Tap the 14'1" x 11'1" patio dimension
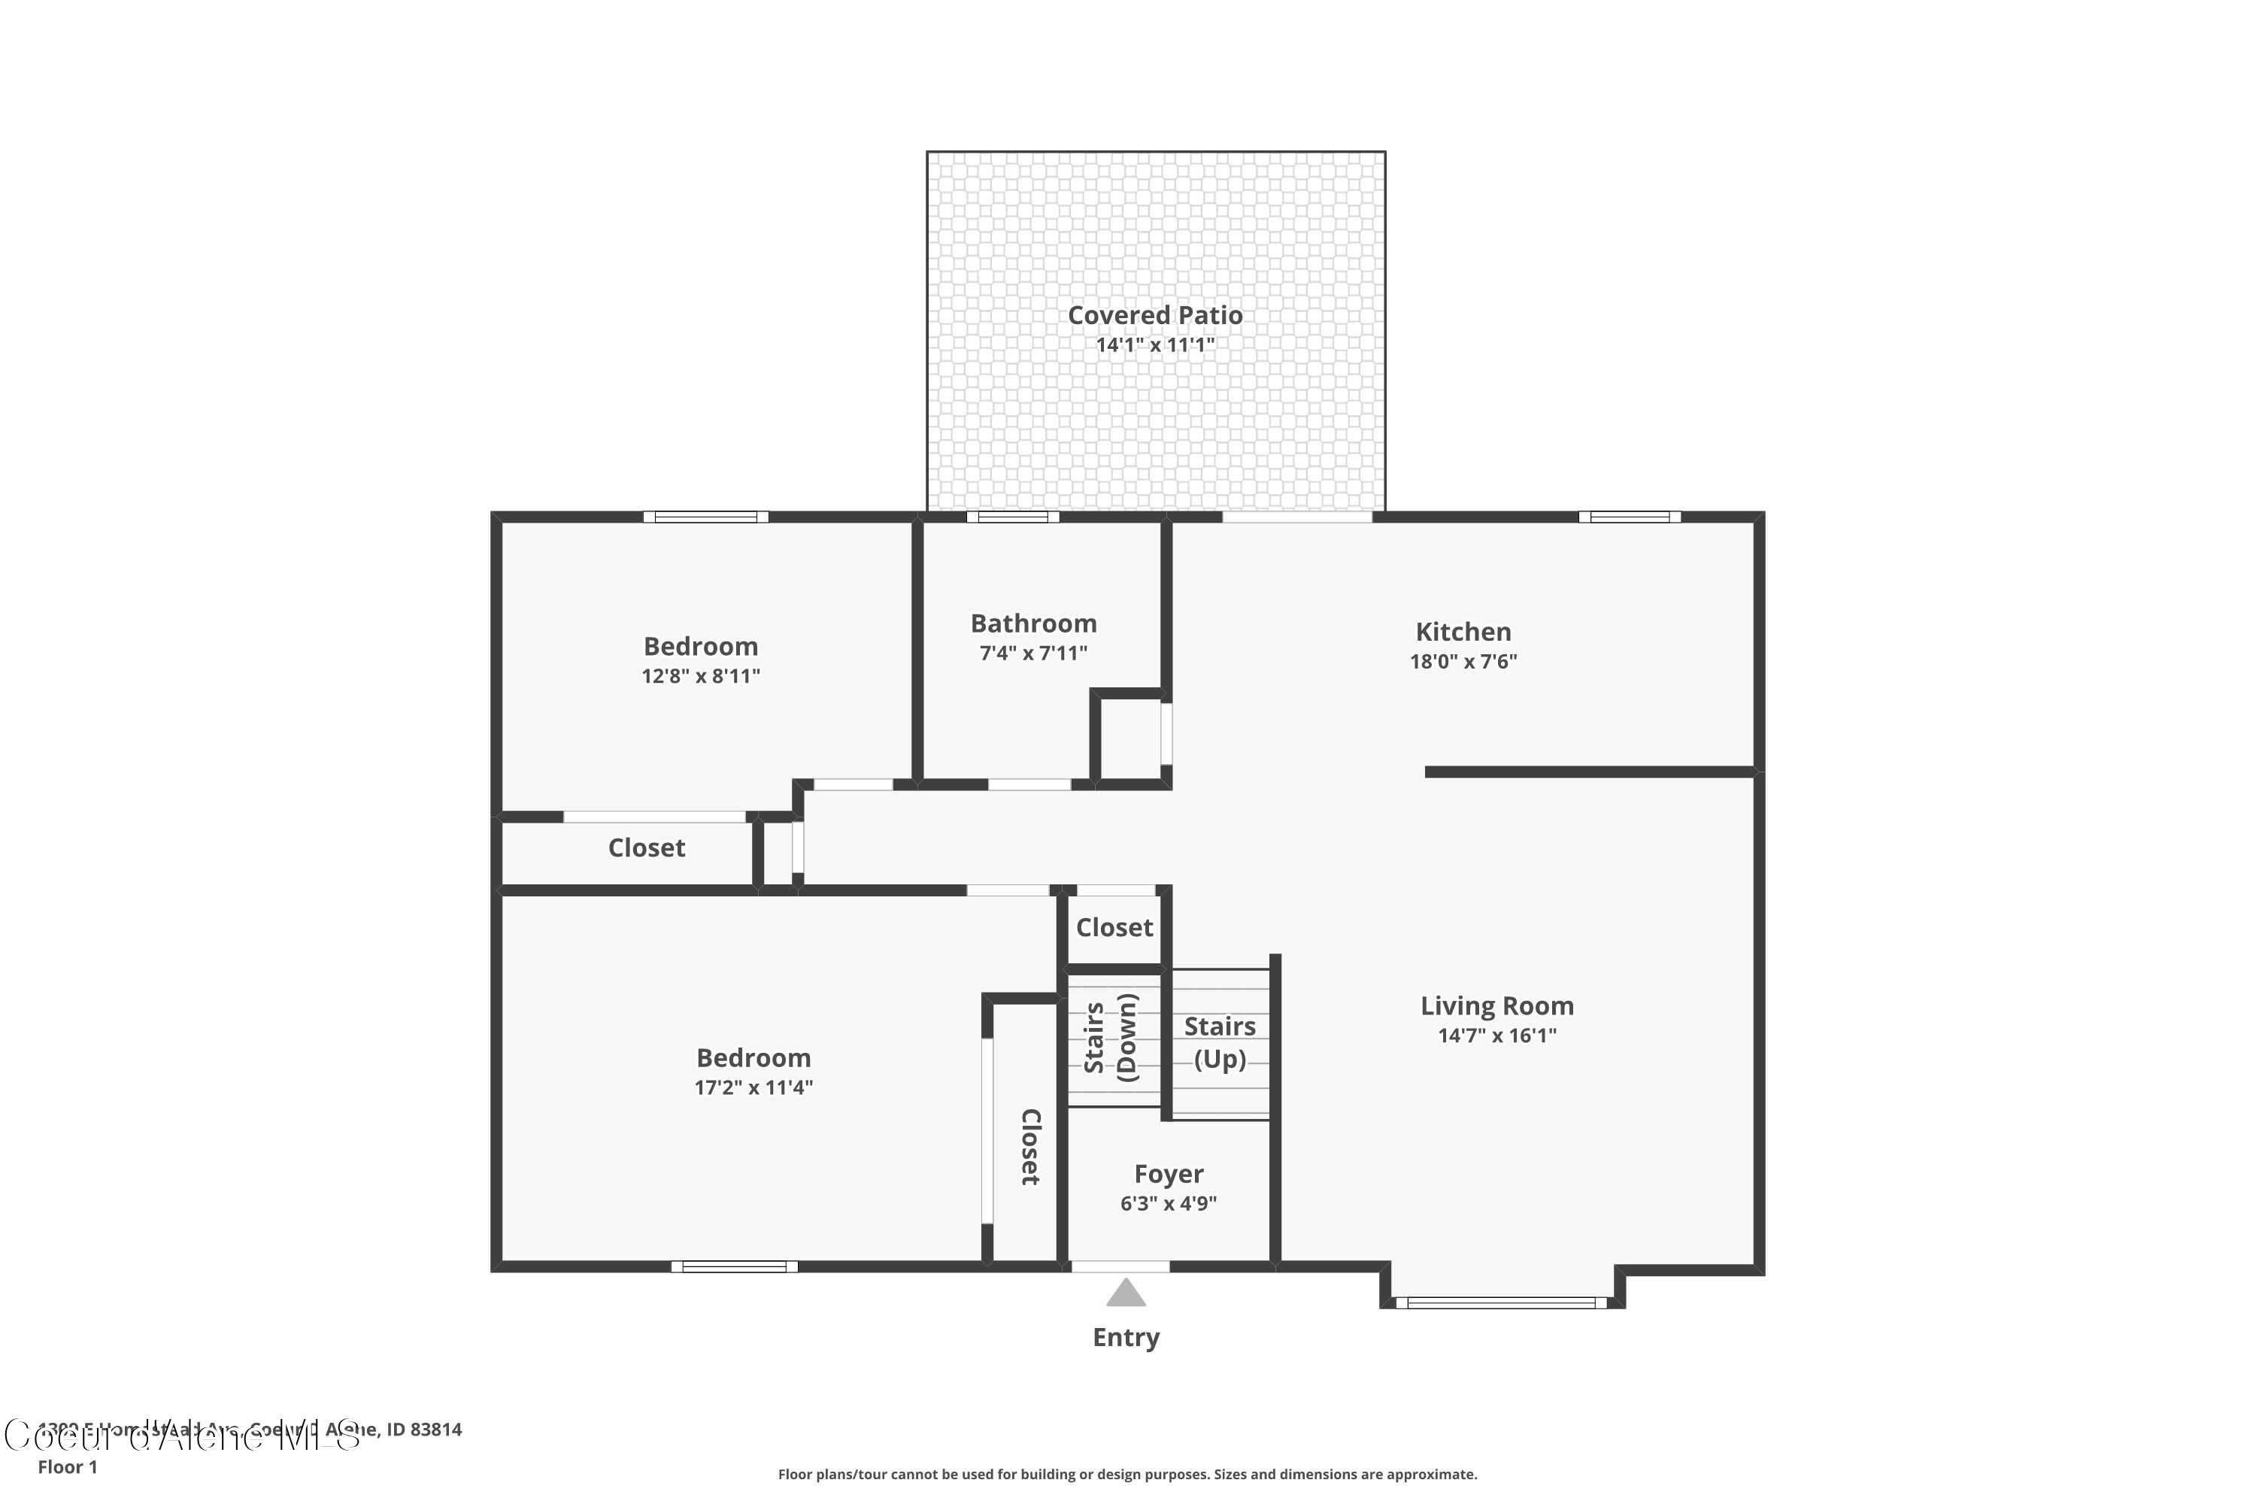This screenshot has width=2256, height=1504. pos(1155,345)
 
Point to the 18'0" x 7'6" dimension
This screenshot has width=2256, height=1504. pos(1463,661)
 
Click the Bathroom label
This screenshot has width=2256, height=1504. pos(1033,623)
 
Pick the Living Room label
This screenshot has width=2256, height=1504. pos(1496,1005)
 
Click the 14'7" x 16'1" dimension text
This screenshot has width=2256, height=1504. pos(1496,1035)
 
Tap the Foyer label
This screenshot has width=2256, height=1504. pos(1169,1174)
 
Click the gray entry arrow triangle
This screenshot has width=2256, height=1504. pos(1125,1294)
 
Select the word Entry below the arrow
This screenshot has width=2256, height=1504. pos(1126,1337)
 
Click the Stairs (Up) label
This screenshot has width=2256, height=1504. pos(1219,1042)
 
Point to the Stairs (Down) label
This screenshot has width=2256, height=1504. pos(1111,1038)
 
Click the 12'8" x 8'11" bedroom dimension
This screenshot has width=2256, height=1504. pos(700,676)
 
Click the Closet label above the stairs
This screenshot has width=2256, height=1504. pos(1114,927)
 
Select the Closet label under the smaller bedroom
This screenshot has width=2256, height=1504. pos(647,848)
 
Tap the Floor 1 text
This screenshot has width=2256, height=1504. pos(67,1466)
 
